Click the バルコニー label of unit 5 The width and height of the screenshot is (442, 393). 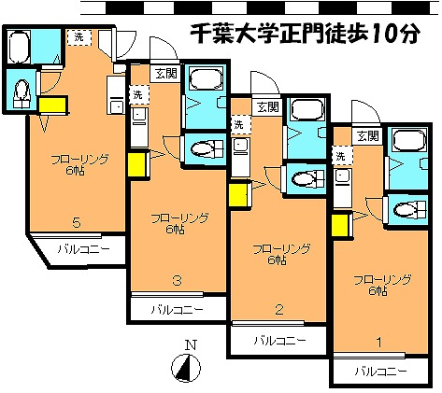coord(83,249)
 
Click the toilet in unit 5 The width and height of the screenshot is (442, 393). coord(21,90)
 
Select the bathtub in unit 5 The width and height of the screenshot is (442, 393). coord(20,47)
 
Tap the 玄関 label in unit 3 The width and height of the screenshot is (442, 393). coord(164,74)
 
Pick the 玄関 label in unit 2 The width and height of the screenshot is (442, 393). coord(267,105)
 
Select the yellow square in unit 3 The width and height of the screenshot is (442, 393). coord(137,164)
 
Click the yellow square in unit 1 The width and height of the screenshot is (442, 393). coord(340,225)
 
